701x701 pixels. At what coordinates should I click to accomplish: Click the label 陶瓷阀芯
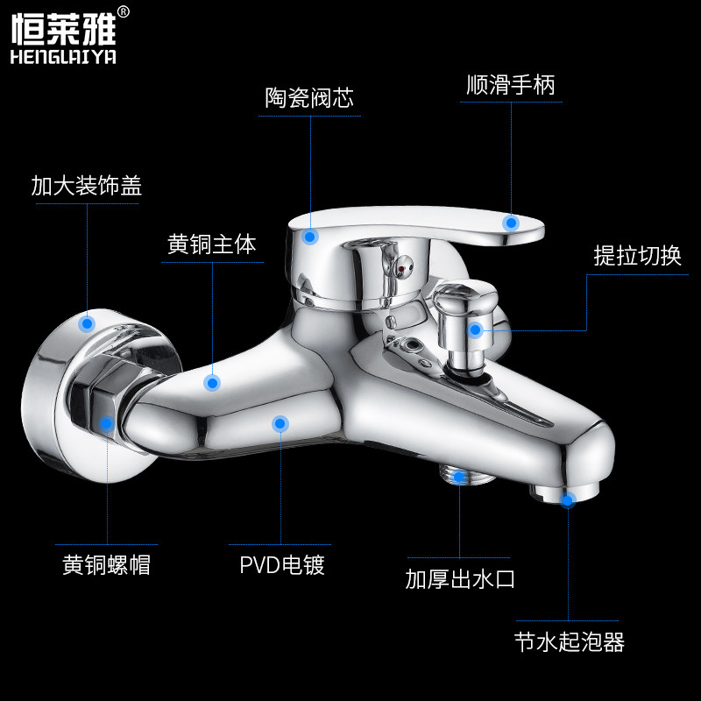coord(309,98)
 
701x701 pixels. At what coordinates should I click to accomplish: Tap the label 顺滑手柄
coord(511,85)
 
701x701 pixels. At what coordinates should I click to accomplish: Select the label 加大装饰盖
coord(86,186)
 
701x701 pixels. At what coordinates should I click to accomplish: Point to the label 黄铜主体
coord(212,244)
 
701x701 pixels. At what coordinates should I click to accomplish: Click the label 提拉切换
coord(637,255)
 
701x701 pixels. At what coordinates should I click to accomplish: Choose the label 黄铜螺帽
coord(106,565)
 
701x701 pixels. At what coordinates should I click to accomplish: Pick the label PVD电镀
coord(282,565)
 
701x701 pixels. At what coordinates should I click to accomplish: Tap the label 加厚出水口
coord(460,579)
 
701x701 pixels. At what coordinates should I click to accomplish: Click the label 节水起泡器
coord(570,642)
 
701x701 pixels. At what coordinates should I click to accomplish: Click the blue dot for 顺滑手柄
coord(511,223)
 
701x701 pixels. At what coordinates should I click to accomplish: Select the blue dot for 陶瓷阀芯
coord(309,235)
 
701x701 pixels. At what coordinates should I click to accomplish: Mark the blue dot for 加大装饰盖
coord(86,323)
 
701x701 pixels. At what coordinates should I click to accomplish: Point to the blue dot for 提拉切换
coord(475,330)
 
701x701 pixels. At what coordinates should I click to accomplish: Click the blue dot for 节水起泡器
coord(568,500)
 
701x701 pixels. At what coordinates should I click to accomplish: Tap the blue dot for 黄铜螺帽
coord(106,423)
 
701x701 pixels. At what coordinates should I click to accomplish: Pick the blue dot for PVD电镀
coord(280,424)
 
